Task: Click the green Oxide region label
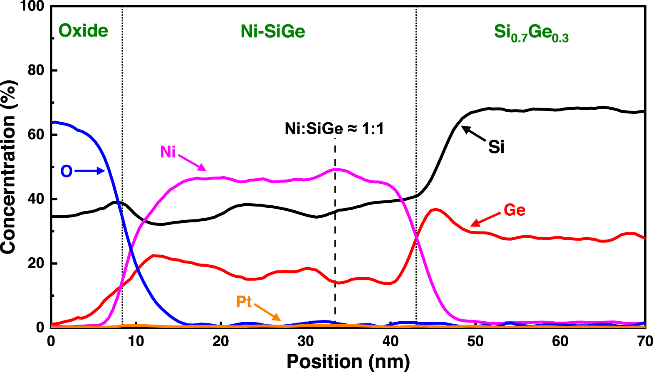(x=83, y=31)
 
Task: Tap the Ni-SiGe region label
(x=273, y=32)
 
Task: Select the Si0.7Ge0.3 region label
(x=531, y=33)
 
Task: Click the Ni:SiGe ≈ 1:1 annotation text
(x=334, y=129)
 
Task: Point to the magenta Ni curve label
(x=168, y=152)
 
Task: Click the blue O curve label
(x=67, y=171)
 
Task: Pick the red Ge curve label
(x=514, y=210)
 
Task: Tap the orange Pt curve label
(x=244, y=302)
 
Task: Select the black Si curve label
(x=497, y=147)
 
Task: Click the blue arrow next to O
(x=89, y=171)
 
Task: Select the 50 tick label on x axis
(x=475, y=342)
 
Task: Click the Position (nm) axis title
(x=348, y=361)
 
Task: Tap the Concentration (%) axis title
(x=8, y=166)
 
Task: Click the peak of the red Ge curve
(x=435, y=209)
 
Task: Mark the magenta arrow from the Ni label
(x=192, y=162)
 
